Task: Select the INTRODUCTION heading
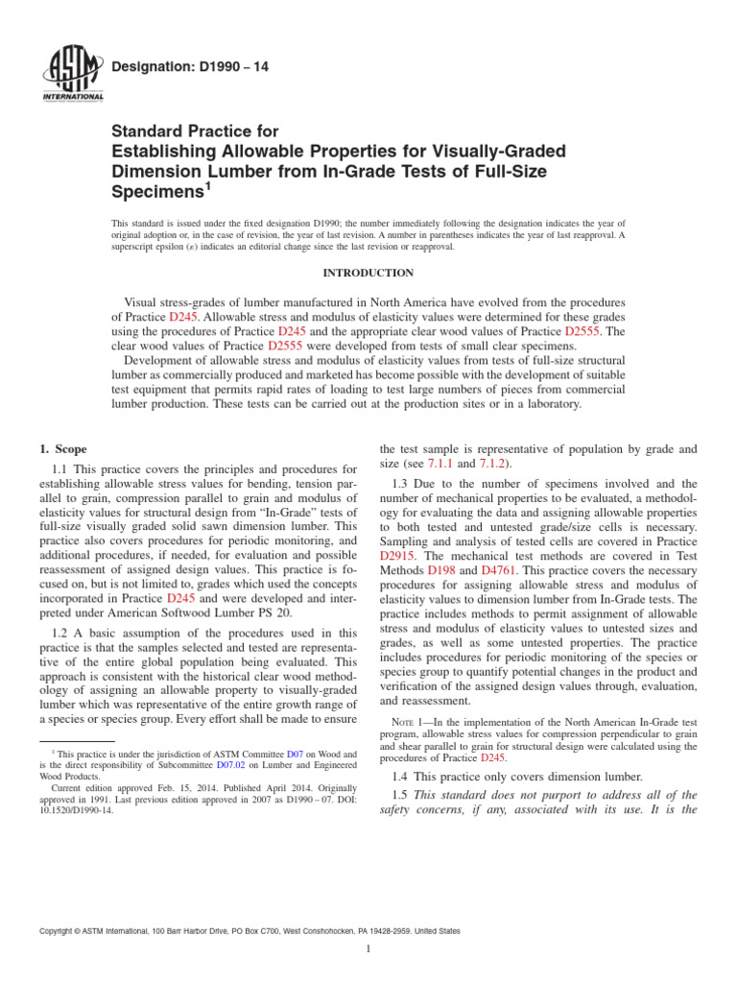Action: click(x=368, y=274)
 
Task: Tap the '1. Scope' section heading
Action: click(x=64, y=448)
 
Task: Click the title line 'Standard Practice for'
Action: click(x=196, y=132)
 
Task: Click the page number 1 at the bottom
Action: click(x=368, y=949)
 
